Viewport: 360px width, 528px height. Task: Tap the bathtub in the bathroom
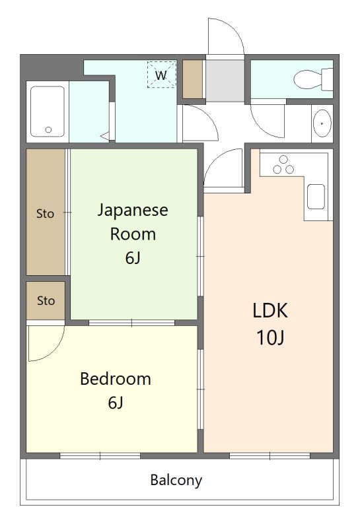(x=48, y=111)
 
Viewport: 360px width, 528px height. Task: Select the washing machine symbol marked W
(x=161, y=75)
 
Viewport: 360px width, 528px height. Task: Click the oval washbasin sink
(x=322, y=123)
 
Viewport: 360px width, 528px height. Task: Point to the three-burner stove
(x=284, y=165)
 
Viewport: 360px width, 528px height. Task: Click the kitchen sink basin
(x=316, y=197)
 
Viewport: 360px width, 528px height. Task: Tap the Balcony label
(x=176, y=480)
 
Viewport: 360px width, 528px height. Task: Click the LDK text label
(x=271, y=310)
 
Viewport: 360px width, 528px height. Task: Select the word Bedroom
(x=116, y=379)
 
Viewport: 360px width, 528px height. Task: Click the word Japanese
(x=133, y=211)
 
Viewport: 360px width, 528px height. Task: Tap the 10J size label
(x=271, y=338)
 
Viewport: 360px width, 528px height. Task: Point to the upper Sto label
(x=45, y=213)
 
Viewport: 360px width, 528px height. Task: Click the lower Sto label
(x=46, y=301)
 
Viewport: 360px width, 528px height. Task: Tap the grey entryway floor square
(x=225, y=81)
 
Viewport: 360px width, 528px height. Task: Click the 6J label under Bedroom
(x=116, y=403)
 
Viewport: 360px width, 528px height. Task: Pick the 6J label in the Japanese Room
(x=133, y=257)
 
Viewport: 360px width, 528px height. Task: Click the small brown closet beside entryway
(x=192, y=79)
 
